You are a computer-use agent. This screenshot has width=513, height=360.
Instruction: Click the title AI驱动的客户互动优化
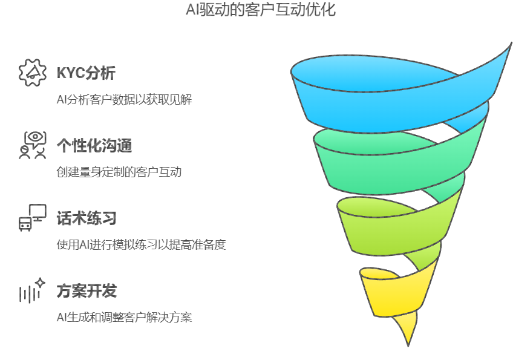tap(261, 9)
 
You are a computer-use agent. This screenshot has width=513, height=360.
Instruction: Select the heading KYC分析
tap(86, 73)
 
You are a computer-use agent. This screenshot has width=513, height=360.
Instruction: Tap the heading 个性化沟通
tap(94, 146)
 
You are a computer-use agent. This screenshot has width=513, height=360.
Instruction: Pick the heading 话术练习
tap(87, 218)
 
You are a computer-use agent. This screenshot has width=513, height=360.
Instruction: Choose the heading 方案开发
tap(87, 290)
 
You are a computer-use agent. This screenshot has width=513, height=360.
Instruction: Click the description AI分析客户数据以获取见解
tap(125, 99)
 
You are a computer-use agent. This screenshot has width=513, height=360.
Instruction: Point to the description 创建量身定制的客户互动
tap(119, 172)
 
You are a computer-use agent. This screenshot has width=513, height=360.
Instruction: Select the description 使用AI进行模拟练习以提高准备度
tap(142, 244)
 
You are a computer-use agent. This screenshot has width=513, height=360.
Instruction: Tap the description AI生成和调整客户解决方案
tap(125, 317)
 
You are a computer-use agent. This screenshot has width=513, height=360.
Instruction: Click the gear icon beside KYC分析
tap(33, 73)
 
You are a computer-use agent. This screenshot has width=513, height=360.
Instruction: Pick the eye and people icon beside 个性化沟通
tap(33, 145)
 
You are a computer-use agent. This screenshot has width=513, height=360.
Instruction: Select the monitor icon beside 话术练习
tap(33, 218)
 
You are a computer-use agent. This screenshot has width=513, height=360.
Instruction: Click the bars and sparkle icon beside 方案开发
tap(31, 290)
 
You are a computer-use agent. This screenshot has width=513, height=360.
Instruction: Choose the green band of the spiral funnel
tap(393, 170)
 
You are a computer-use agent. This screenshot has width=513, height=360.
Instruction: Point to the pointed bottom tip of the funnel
tap(408, 345)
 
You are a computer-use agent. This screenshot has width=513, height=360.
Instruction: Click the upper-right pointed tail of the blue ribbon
tap(511, 44)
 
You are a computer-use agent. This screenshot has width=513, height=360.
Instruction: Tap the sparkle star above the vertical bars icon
tap(41, 283)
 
